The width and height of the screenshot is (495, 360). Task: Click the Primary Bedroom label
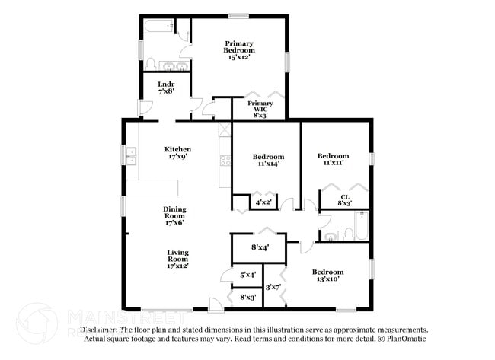tap(239, 47)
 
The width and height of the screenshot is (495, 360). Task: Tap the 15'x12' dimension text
tap(239, 58)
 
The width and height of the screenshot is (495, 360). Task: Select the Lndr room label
tap(166, 84)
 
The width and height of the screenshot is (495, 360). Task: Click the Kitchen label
tap(178, 149)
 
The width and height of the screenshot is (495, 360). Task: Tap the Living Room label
tap(178, 255)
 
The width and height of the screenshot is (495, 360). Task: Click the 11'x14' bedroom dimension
tap(267, 164)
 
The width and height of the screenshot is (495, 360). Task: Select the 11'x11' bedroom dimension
tap(333, 163)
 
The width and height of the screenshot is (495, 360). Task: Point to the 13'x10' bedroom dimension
tap(327, 279)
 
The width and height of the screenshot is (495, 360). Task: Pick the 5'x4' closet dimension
tap(247, 275)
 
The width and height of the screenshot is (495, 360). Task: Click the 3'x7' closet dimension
tap(273, 287)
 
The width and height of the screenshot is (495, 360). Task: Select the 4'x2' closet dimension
tap(263, 203)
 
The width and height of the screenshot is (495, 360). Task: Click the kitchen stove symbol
tap(225, 160)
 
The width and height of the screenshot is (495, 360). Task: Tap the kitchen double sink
tap(130, 157)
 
